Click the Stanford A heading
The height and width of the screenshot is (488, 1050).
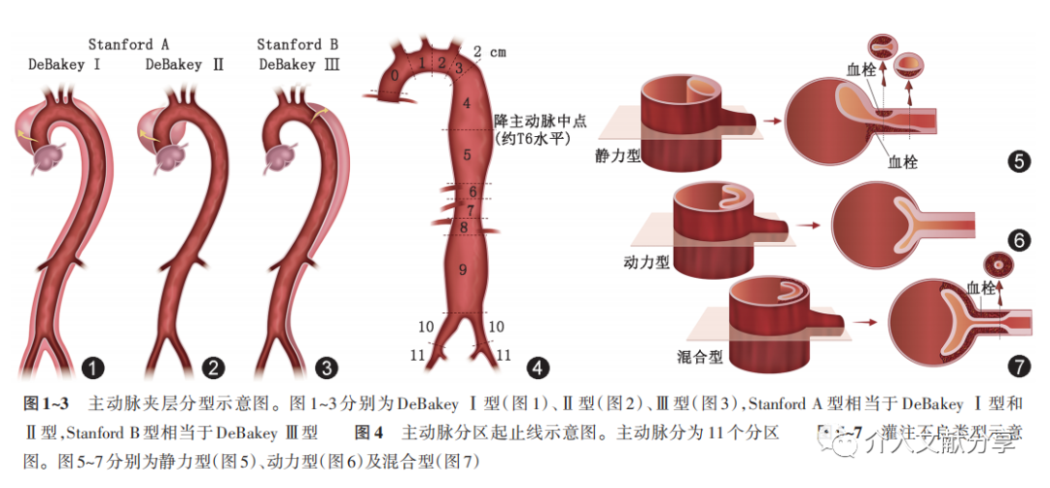129,45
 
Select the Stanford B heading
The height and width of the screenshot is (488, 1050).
297,45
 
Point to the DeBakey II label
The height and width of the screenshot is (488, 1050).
185,65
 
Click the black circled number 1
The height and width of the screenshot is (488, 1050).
93,367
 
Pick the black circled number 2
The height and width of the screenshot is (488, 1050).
213,367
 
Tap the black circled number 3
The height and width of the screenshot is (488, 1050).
328,367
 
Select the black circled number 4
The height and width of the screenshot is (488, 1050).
537,368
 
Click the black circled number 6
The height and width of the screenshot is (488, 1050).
1019,240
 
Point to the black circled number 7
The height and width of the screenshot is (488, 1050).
1019,366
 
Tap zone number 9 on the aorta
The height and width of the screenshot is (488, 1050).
463,269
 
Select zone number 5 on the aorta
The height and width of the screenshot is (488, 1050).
467,155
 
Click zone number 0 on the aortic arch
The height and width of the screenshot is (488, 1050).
394,76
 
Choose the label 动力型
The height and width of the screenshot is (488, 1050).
644,261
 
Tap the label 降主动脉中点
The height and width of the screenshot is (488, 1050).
534,121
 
